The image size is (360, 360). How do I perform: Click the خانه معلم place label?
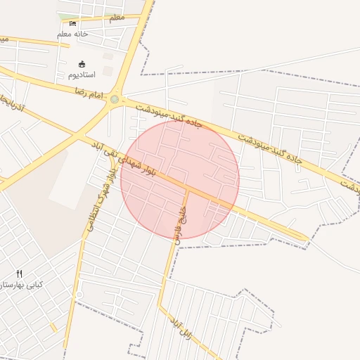point(72,34)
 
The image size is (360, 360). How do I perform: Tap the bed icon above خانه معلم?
point(72,24)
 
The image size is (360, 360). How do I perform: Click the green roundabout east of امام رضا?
point(114,100)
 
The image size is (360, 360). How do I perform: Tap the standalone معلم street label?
point(117,17)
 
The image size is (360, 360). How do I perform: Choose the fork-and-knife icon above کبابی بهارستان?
point(19,274)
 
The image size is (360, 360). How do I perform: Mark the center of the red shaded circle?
point(180,180)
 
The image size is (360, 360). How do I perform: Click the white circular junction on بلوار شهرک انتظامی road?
point(79,294)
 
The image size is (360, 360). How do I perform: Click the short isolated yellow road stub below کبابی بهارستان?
point(53,328)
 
